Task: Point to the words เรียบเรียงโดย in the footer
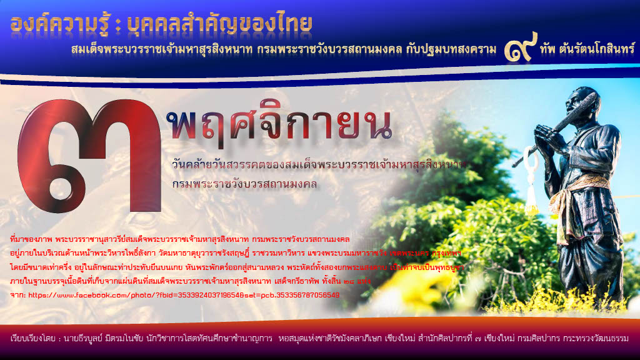[x=34, y=338]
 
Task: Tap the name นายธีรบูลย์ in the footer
[x=84, y=338]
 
